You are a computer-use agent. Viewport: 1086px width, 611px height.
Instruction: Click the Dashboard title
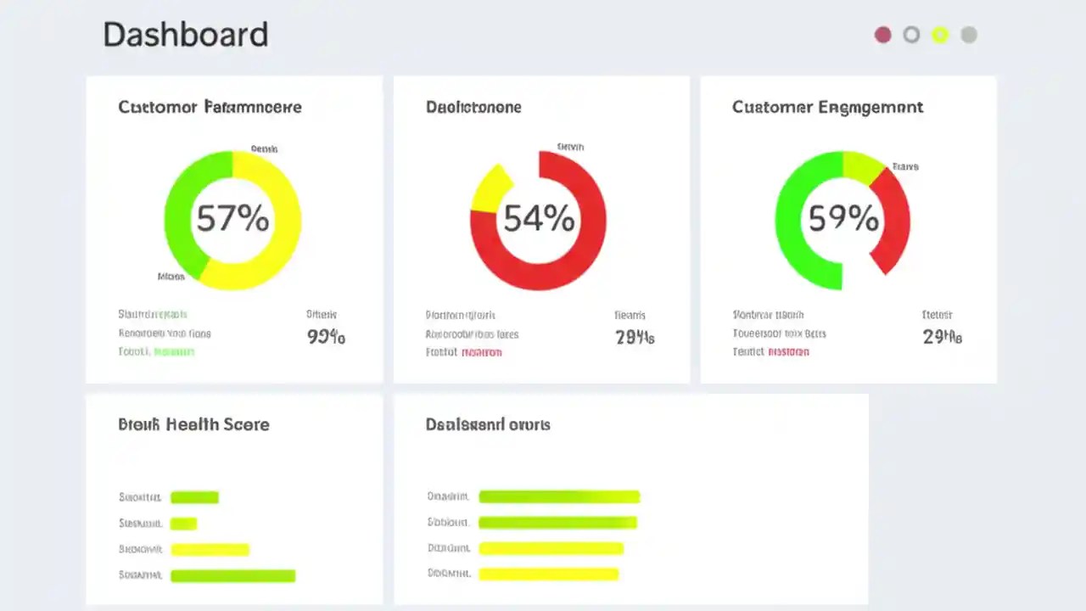coord(185,35)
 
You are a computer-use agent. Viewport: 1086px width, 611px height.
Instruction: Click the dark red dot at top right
coord(883,35)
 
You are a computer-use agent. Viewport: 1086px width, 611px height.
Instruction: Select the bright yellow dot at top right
coord(940,35)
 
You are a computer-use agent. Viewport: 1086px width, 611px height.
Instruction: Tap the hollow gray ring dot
coord(911,35)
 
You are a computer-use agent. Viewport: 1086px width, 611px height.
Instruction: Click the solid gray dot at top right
coord(969,35)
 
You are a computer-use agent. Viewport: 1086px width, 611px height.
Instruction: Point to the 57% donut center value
coord(232,220)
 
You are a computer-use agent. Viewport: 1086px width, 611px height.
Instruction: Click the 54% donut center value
coord(539,220)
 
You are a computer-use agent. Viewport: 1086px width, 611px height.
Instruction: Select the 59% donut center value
coord(842,220)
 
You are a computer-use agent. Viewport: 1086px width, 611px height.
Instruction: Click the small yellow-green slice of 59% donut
coord(862,165)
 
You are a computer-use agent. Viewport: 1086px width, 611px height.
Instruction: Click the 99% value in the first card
coord(326,337)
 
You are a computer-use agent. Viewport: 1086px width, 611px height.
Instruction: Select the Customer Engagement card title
coord(827,107)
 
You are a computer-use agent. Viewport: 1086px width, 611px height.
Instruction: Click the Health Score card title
coord(193,424)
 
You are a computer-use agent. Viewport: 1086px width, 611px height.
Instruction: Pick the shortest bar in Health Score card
coord(183,524)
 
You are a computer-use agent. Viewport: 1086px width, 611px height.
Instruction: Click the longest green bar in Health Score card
coord(232,576)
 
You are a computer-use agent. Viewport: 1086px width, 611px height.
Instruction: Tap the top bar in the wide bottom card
coord(558,496)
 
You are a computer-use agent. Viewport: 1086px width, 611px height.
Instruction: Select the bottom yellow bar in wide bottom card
coord(548,575)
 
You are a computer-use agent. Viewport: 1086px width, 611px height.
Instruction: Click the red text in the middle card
coord(481,352)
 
